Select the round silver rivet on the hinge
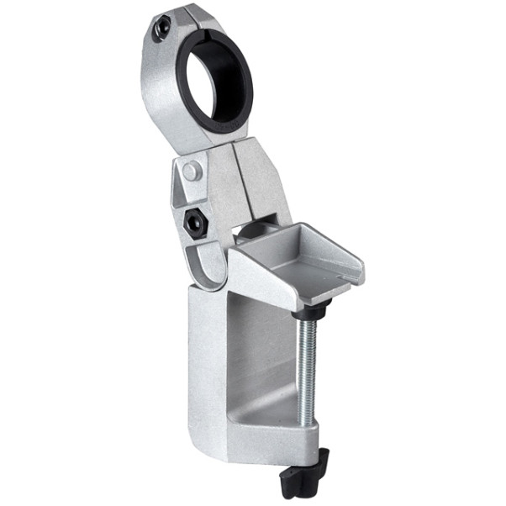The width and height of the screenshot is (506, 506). [192, 171]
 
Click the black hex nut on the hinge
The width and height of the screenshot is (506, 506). [195, 224]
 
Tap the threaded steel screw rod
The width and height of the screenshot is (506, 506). [308, 370]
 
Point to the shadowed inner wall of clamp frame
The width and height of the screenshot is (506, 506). [252, 353]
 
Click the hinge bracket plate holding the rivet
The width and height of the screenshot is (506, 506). [181, 189]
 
